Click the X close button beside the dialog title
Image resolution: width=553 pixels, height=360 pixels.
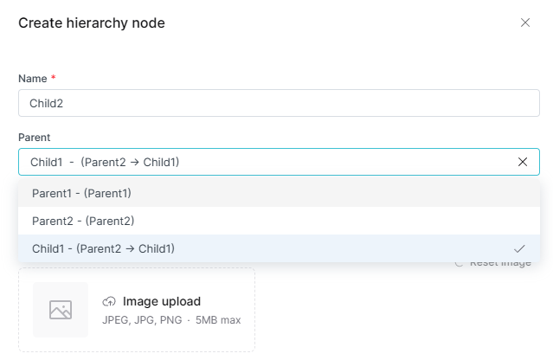tap(525, 22)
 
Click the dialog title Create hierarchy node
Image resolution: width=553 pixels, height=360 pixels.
tap(92, 23)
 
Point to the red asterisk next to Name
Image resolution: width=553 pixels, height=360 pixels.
tap(54, 78)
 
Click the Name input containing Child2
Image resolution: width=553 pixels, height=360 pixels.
tap(279, 103)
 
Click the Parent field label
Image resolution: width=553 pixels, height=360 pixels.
tap(35, 137)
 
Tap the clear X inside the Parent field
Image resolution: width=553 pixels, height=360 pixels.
tap(523, 162)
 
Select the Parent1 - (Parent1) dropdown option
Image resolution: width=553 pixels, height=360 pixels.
tap(81, 193)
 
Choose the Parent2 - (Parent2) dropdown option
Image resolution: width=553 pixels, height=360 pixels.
tap(83, 221)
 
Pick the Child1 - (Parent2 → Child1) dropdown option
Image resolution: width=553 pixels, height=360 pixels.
tap(103, 248)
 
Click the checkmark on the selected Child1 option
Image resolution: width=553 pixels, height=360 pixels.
tap(519, 248)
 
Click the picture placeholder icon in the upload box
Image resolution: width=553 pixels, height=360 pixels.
tap(61, 310)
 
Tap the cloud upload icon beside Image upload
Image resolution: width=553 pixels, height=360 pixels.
tap(109, 302)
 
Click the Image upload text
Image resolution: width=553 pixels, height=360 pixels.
tap(162, 302)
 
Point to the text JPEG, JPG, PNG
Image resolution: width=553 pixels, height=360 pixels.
tap(143, 320)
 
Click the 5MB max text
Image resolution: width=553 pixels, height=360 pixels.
tap(218, 320)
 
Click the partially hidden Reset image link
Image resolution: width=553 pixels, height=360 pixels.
tap(499, 263)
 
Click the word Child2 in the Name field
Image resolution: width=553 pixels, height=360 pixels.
tap(47, 103)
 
